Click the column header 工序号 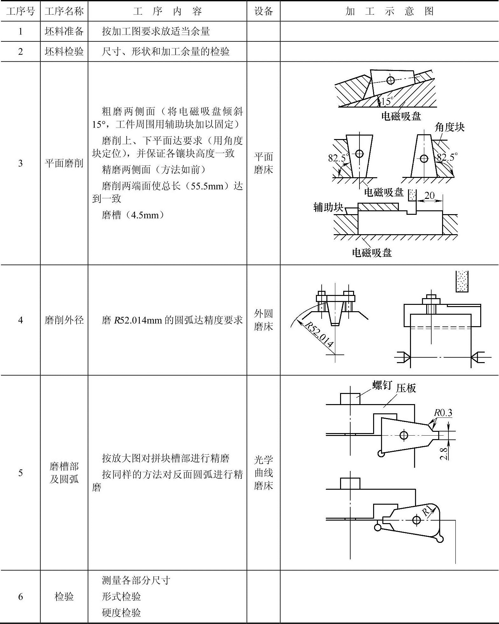click(x=20, y=11)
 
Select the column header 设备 click(x=263, y=11)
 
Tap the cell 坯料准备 click(x=64, y=31)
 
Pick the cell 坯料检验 click(x=64, y=51)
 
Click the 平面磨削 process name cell click(x=64, y=163)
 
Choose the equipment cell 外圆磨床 click(x=263, y=320)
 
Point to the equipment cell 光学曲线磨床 click(x=263, y=473)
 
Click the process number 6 click(x=20, y=597)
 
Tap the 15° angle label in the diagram click(x=387, y=101)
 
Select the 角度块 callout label click(x=449, y=127)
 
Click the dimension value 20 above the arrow click(x=429, y=195)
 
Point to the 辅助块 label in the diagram click(x=328, y=207)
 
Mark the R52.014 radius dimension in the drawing click(x=319, y=334)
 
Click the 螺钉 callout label click(x=382, y=385)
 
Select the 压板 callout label click(x=406, y=388)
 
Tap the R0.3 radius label click(x=443, y=413)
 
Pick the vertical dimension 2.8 click(x=444, y=453)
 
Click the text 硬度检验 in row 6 click(x=121, y=613)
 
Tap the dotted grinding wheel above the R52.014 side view click(x=462, y=281)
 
